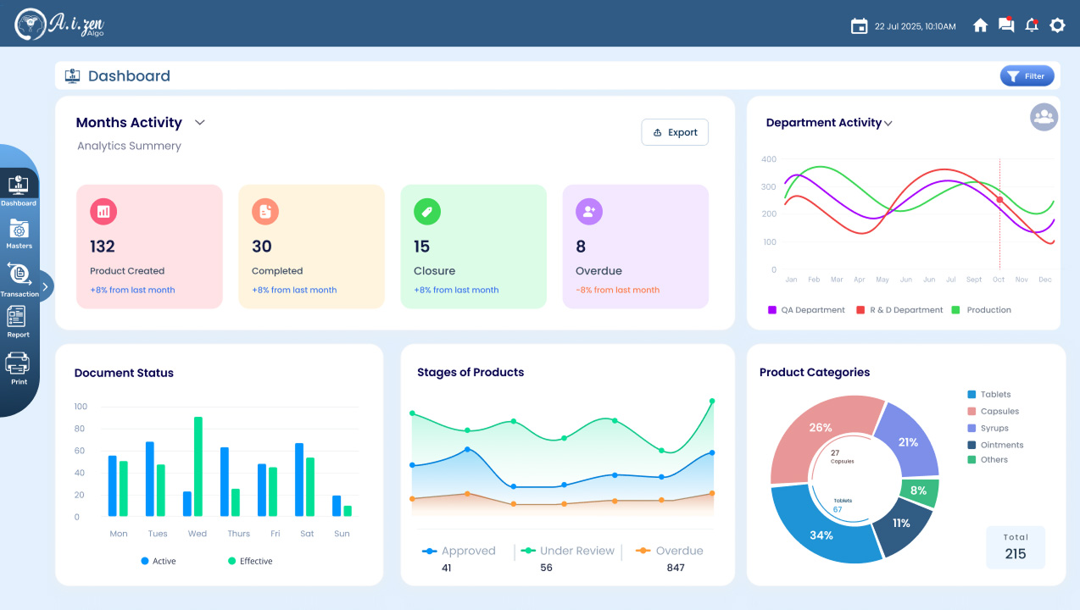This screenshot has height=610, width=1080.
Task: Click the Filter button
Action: point(1027,76)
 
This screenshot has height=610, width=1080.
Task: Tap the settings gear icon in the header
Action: point(1057,25)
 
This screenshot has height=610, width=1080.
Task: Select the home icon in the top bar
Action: point(980,25)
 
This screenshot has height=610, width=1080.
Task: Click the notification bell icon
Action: point(1032,25)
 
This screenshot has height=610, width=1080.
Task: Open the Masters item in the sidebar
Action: point(19,234)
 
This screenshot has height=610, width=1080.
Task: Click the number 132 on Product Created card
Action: point(103,247)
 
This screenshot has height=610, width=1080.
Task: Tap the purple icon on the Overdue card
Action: point(589,212)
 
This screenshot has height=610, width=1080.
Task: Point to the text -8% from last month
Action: point(618,290)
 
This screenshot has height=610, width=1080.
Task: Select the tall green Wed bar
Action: point(198,467)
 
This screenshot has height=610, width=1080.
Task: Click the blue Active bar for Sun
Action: point(337,506)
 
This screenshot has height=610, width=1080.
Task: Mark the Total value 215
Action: point(1016,554)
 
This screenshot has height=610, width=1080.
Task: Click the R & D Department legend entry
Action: point(899,310)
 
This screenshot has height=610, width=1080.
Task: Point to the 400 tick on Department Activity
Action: point(769,159)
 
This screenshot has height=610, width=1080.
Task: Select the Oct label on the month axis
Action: point(999,280)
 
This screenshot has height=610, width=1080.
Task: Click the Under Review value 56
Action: point(546,568)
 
